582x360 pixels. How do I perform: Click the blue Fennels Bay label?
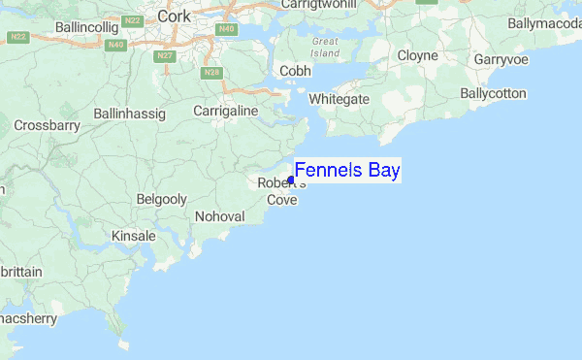347,171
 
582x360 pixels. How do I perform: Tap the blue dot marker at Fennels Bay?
291,180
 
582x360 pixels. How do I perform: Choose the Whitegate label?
339,99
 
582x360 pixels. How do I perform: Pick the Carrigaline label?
225,112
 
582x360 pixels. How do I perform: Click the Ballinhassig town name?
129,114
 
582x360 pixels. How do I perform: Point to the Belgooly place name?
162,198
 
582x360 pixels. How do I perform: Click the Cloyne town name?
417,56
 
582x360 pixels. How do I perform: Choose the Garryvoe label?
501,59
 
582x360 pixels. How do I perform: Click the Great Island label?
326,47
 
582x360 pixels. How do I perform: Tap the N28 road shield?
212,72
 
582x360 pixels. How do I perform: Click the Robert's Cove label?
281,191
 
